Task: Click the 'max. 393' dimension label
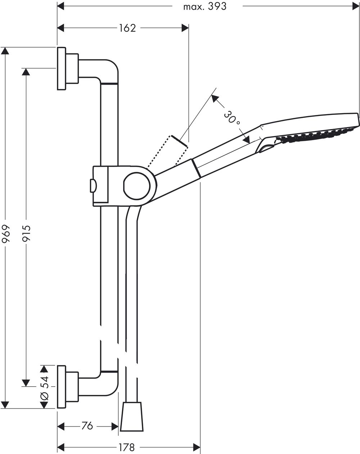(205, 6)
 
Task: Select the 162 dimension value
(127, 28)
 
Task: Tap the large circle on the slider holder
(137, 186)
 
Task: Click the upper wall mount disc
(61, 68)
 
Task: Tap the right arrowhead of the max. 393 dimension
(356, 6)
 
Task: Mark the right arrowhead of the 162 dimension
(185, 28)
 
